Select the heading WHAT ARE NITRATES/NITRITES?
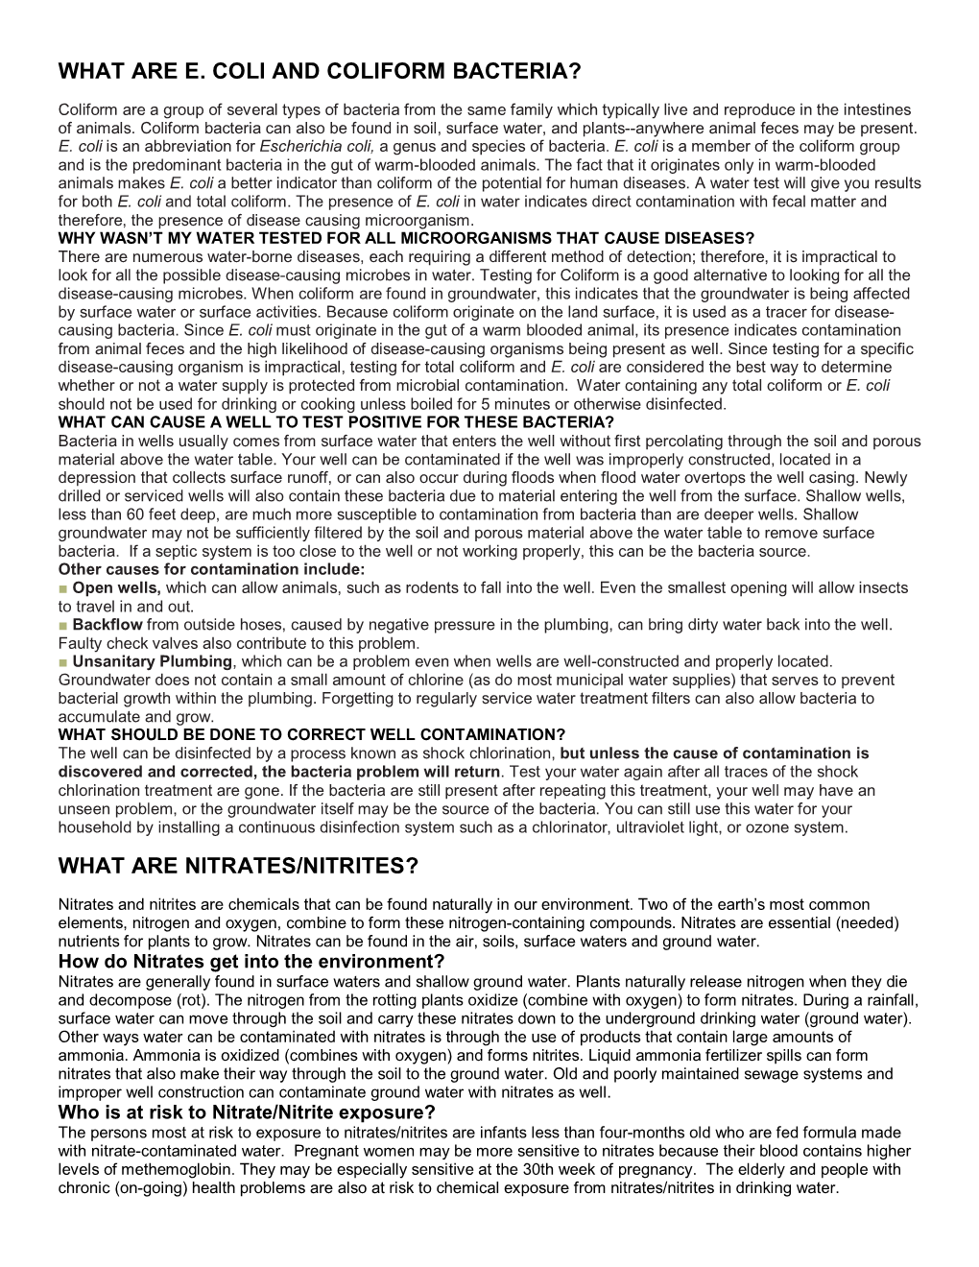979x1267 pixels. (238, 866)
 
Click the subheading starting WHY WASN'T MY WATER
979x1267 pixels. (406, 238)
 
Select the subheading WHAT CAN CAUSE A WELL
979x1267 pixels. (336, 422)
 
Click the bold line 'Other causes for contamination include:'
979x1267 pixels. (218, 569)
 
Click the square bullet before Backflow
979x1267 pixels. (62, 625)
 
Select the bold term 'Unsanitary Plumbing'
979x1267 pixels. (153, 661)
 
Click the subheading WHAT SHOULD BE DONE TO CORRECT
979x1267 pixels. (312, 735)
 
